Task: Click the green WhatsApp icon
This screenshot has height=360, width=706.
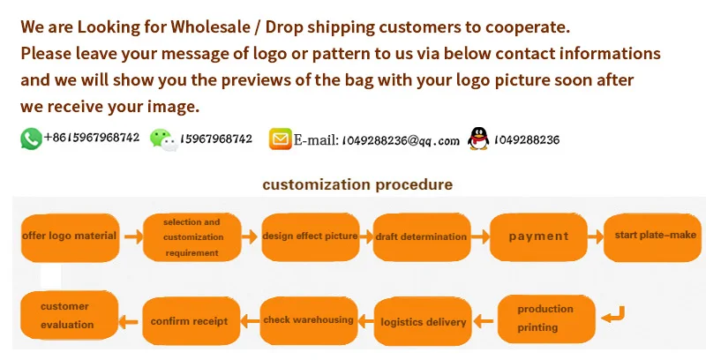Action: [31, 139]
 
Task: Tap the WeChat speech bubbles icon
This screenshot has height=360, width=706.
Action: [161, 139]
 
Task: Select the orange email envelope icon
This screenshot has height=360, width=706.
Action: [281, 139]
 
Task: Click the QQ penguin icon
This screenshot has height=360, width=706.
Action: [478, 139]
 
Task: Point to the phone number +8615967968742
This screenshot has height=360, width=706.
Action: [92, 138]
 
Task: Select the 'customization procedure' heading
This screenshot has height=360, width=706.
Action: [357, 184]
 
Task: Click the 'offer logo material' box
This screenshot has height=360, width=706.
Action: [70, 236]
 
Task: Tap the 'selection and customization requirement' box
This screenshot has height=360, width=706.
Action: [192, 236]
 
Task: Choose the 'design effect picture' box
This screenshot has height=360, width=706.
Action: [310, 236]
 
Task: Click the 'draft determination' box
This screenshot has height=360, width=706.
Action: [421, 236]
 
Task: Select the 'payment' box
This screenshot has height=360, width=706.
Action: [539, 236]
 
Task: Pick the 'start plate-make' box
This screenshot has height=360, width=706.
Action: [655, 236]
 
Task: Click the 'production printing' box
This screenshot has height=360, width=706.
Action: [545, 318]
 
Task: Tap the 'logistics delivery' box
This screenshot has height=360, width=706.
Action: [423, 321]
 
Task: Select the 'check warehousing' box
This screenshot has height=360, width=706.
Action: [308, 319]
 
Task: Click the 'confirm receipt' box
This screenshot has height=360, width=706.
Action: [189, 320]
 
